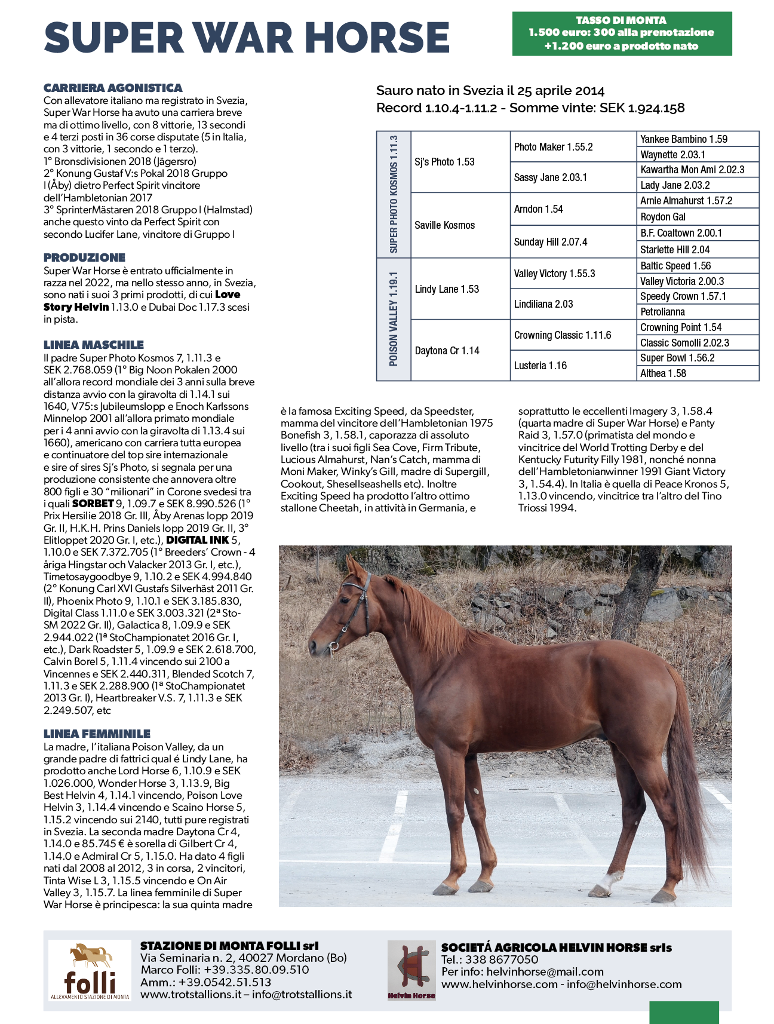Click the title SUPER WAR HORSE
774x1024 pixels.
click(x=247, y=38)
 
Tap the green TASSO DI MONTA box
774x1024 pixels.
click(x=621, y=33)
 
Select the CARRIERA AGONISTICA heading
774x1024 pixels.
click(x=113, y=88)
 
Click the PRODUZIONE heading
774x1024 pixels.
click(x=84, y=257)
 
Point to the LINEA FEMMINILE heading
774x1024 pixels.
click(x=97, y=734)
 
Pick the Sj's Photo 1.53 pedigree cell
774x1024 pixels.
click(x=444, y=162)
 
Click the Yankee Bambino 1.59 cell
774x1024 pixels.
click(x=684, y=139)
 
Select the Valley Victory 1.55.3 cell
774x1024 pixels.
click(x=554, y=274)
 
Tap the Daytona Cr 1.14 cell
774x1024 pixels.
click(x=447, y=351)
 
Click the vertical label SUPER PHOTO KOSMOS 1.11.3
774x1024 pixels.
click(x=394, y=194)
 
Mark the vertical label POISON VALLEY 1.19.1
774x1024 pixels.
click(x=394, y=319)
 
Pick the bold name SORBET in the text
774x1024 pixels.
click(x=93, y=504)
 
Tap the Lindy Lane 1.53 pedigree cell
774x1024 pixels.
click(x=447, y=289)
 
